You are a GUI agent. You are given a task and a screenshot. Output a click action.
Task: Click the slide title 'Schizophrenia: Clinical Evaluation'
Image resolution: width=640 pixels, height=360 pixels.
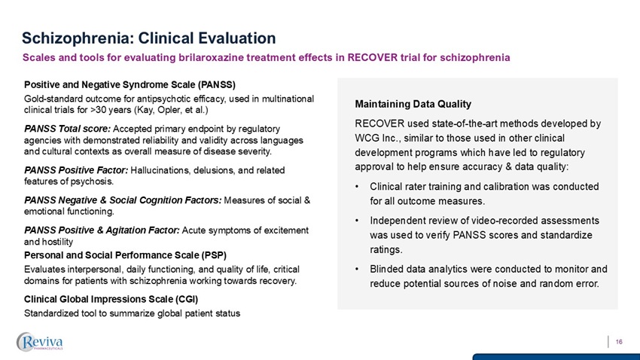148,37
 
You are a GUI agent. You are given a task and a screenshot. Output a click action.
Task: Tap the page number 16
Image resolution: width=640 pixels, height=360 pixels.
619,342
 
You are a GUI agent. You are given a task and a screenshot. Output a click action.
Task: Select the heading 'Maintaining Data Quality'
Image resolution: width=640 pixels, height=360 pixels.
416,103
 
